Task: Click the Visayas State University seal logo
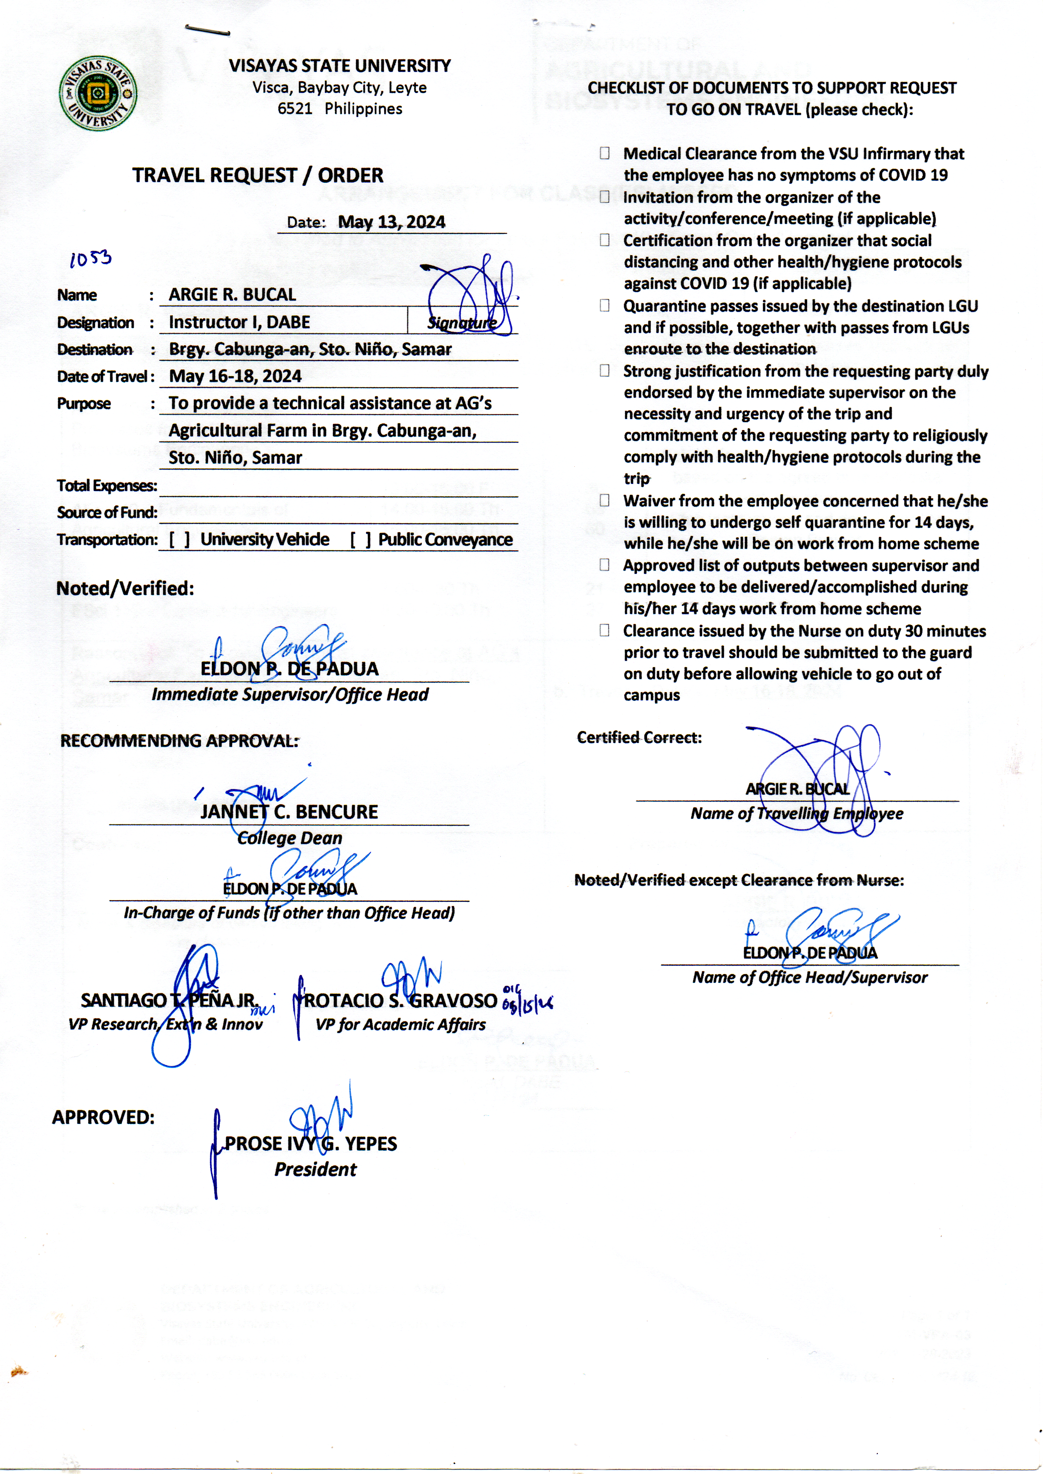coord(98,94)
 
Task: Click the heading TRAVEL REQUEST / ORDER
coord(258,175)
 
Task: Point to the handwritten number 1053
coord(90,259)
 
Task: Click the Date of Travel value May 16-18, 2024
coord(235,376)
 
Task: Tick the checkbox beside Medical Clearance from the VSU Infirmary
coord(605,153)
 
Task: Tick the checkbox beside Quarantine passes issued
coord(605,306)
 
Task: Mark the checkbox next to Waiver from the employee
coord(605,500)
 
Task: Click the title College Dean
coord(290,838)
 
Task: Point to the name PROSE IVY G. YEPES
coord(311,1144)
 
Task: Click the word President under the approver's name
coord(315,1170)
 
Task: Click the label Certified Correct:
coord(639,738)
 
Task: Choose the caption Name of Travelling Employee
coord(796,814)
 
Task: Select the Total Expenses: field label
coord(107,486)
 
